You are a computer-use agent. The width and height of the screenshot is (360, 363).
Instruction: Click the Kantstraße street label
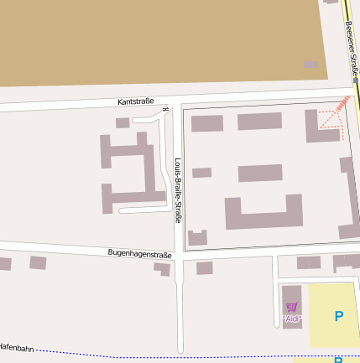pos(136,101)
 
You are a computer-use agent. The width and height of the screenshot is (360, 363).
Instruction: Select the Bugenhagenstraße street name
pos(139,253)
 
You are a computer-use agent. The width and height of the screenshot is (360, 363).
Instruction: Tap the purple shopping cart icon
pos(291,308)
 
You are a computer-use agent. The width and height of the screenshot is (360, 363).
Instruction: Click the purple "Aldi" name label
pos(292,319)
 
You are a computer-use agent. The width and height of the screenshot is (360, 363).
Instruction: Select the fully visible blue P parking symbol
pos(339,316)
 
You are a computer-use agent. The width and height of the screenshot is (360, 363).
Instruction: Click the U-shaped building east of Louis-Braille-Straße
pos(263,213)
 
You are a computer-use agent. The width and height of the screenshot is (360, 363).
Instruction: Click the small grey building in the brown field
pos(311,65)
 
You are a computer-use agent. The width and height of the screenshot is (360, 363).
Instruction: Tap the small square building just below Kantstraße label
pos(123,123)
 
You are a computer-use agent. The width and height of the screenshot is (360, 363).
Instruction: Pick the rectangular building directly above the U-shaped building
pos(260,173)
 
